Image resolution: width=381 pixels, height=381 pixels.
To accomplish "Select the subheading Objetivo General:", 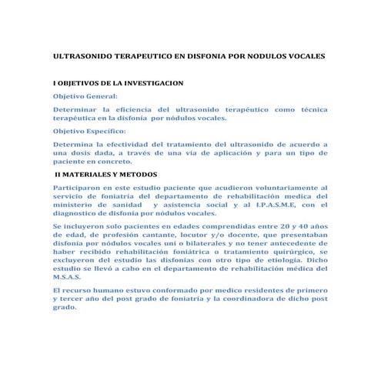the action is tap(85, 97).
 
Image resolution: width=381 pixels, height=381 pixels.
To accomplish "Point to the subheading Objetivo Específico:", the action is tap(89, 131).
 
